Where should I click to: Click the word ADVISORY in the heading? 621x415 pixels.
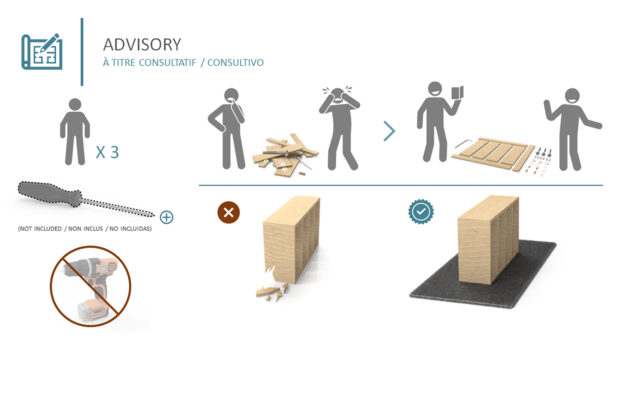tap(142, 45)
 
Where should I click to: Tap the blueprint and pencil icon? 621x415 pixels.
tap(42, 52)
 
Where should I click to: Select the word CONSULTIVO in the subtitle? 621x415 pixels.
tap(235, 62)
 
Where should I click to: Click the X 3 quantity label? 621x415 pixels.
tap(107, 152)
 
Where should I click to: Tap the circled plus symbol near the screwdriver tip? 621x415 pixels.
tap(167, 217)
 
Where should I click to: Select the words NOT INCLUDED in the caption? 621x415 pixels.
tap(40, 229)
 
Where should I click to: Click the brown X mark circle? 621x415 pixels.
tap(229, 213)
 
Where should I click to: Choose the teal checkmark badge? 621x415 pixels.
tap(421, 212)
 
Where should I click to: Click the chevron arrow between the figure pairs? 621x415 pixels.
tap(389, 131)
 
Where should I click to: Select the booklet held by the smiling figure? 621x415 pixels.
tap(457, 93)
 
